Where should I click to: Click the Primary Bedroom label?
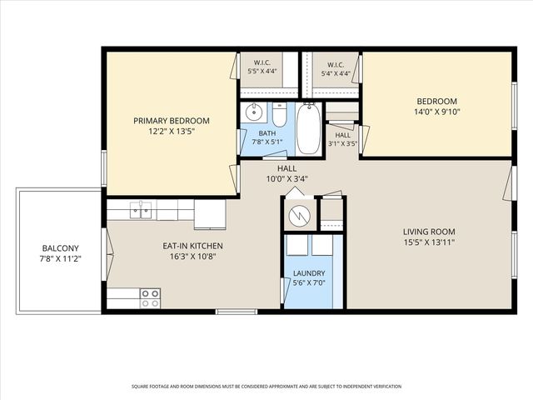(x=172, y=121)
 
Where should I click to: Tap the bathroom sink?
(x=253, y=112)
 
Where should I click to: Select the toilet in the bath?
(x=280, y=114)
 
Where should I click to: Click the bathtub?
(x=309, y=128)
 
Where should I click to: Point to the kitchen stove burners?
(x=150, y=298)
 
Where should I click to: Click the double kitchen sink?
(x=141, y=209)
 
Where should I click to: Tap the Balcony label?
(x=60, y=248)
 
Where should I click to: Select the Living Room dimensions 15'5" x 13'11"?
(x=429, y=242)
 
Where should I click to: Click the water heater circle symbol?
(x=299, y=215)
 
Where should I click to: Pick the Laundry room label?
(x=309, y=273)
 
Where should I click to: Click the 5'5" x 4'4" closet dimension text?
(x=262, y=71)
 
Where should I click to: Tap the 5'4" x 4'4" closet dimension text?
(x=336, y=72)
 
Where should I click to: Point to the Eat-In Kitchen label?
(x=192, y=246)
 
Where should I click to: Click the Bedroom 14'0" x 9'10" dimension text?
(x=436, y=112)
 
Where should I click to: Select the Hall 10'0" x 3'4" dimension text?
(x=286, y=178)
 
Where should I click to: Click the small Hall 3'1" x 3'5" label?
(x=342, y=135)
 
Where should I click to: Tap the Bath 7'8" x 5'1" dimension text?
(x=267, y=142)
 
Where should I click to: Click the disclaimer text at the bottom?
(x=266, y=387)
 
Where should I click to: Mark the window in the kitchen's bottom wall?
(x=237, y=311)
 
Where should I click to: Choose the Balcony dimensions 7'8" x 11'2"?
(x=60, y=259)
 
